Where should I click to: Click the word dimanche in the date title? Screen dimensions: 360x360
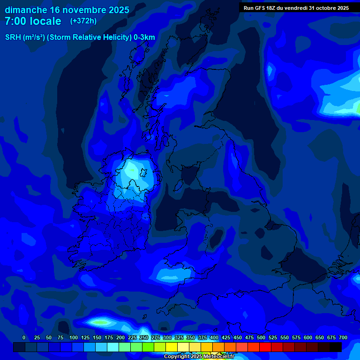[25, 10]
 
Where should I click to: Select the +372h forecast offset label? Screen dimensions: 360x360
[83, 21]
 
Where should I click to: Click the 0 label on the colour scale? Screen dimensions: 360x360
[24, 337]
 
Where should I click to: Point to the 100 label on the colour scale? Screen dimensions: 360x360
[74, 337]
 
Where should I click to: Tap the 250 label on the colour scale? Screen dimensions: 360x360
[144, 337]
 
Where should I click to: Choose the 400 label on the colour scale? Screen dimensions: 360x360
[214, 337]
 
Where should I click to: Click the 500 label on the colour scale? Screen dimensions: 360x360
[261, 337]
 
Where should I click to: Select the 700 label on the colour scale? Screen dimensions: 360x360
[343, 337]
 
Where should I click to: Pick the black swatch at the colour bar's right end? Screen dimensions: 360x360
[336, 347]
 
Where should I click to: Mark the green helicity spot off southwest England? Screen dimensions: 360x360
[100, 322]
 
